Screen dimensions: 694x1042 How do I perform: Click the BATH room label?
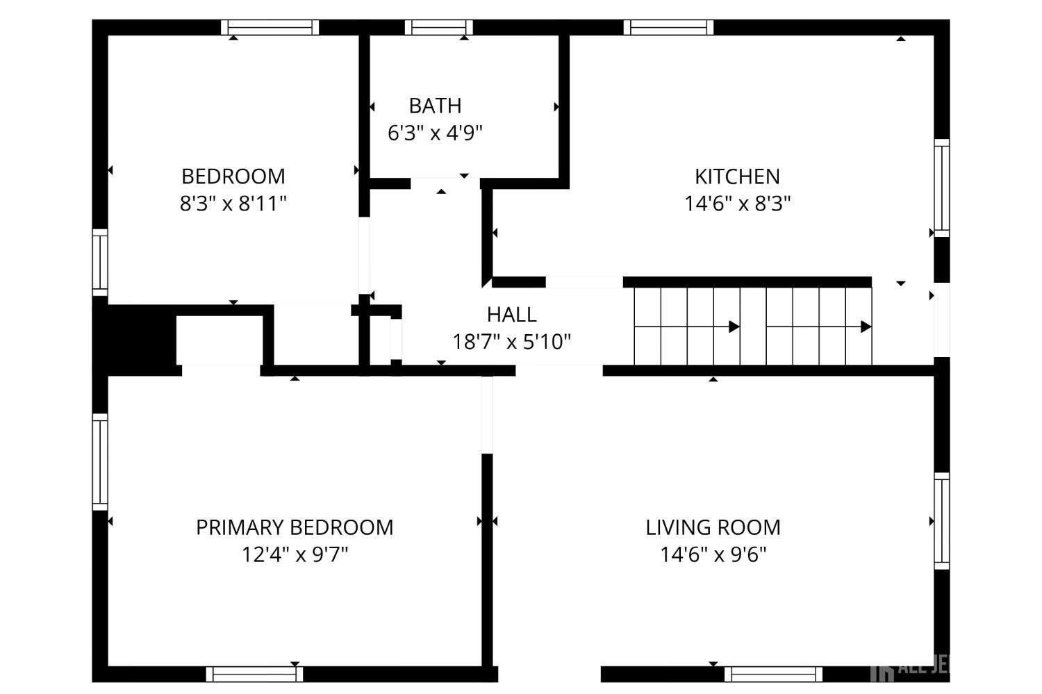tap(435, 106)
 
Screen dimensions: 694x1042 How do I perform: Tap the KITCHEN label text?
tap(737, 176)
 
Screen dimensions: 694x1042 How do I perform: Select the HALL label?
tap(511, 315)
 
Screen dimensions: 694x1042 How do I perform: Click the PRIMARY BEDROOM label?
tap(295, 527)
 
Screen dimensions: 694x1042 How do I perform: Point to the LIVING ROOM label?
tap(713, 527)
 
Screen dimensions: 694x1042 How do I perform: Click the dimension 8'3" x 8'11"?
tap(233, 204)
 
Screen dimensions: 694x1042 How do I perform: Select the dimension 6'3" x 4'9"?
tap(435, 133)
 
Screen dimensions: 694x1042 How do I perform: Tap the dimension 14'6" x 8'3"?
tap(737, 204)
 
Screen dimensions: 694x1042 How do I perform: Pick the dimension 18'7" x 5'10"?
tap(511, 342)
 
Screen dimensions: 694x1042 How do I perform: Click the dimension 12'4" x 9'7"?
tap(295, 554)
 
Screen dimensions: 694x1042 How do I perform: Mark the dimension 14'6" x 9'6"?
tap(713, 554)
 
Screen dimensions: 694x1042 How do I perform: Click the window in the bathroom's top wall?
tap(438, 27)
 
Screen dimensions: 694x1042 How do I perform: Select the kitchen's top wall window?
tap(668, 27)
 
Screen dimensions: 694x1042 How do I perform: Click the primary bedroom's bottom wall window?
tap(254, 674)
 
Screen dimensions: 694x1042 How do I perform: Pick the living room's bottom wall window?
tap(773, 674)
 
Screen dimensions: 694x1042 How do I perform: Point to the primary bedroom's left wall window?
tap(101, 462)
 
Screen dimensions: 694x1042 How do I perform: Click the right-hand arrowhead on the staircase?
tap(866, 327)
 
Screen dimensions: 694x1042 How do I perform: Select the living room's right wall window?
tap(941, 520)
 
